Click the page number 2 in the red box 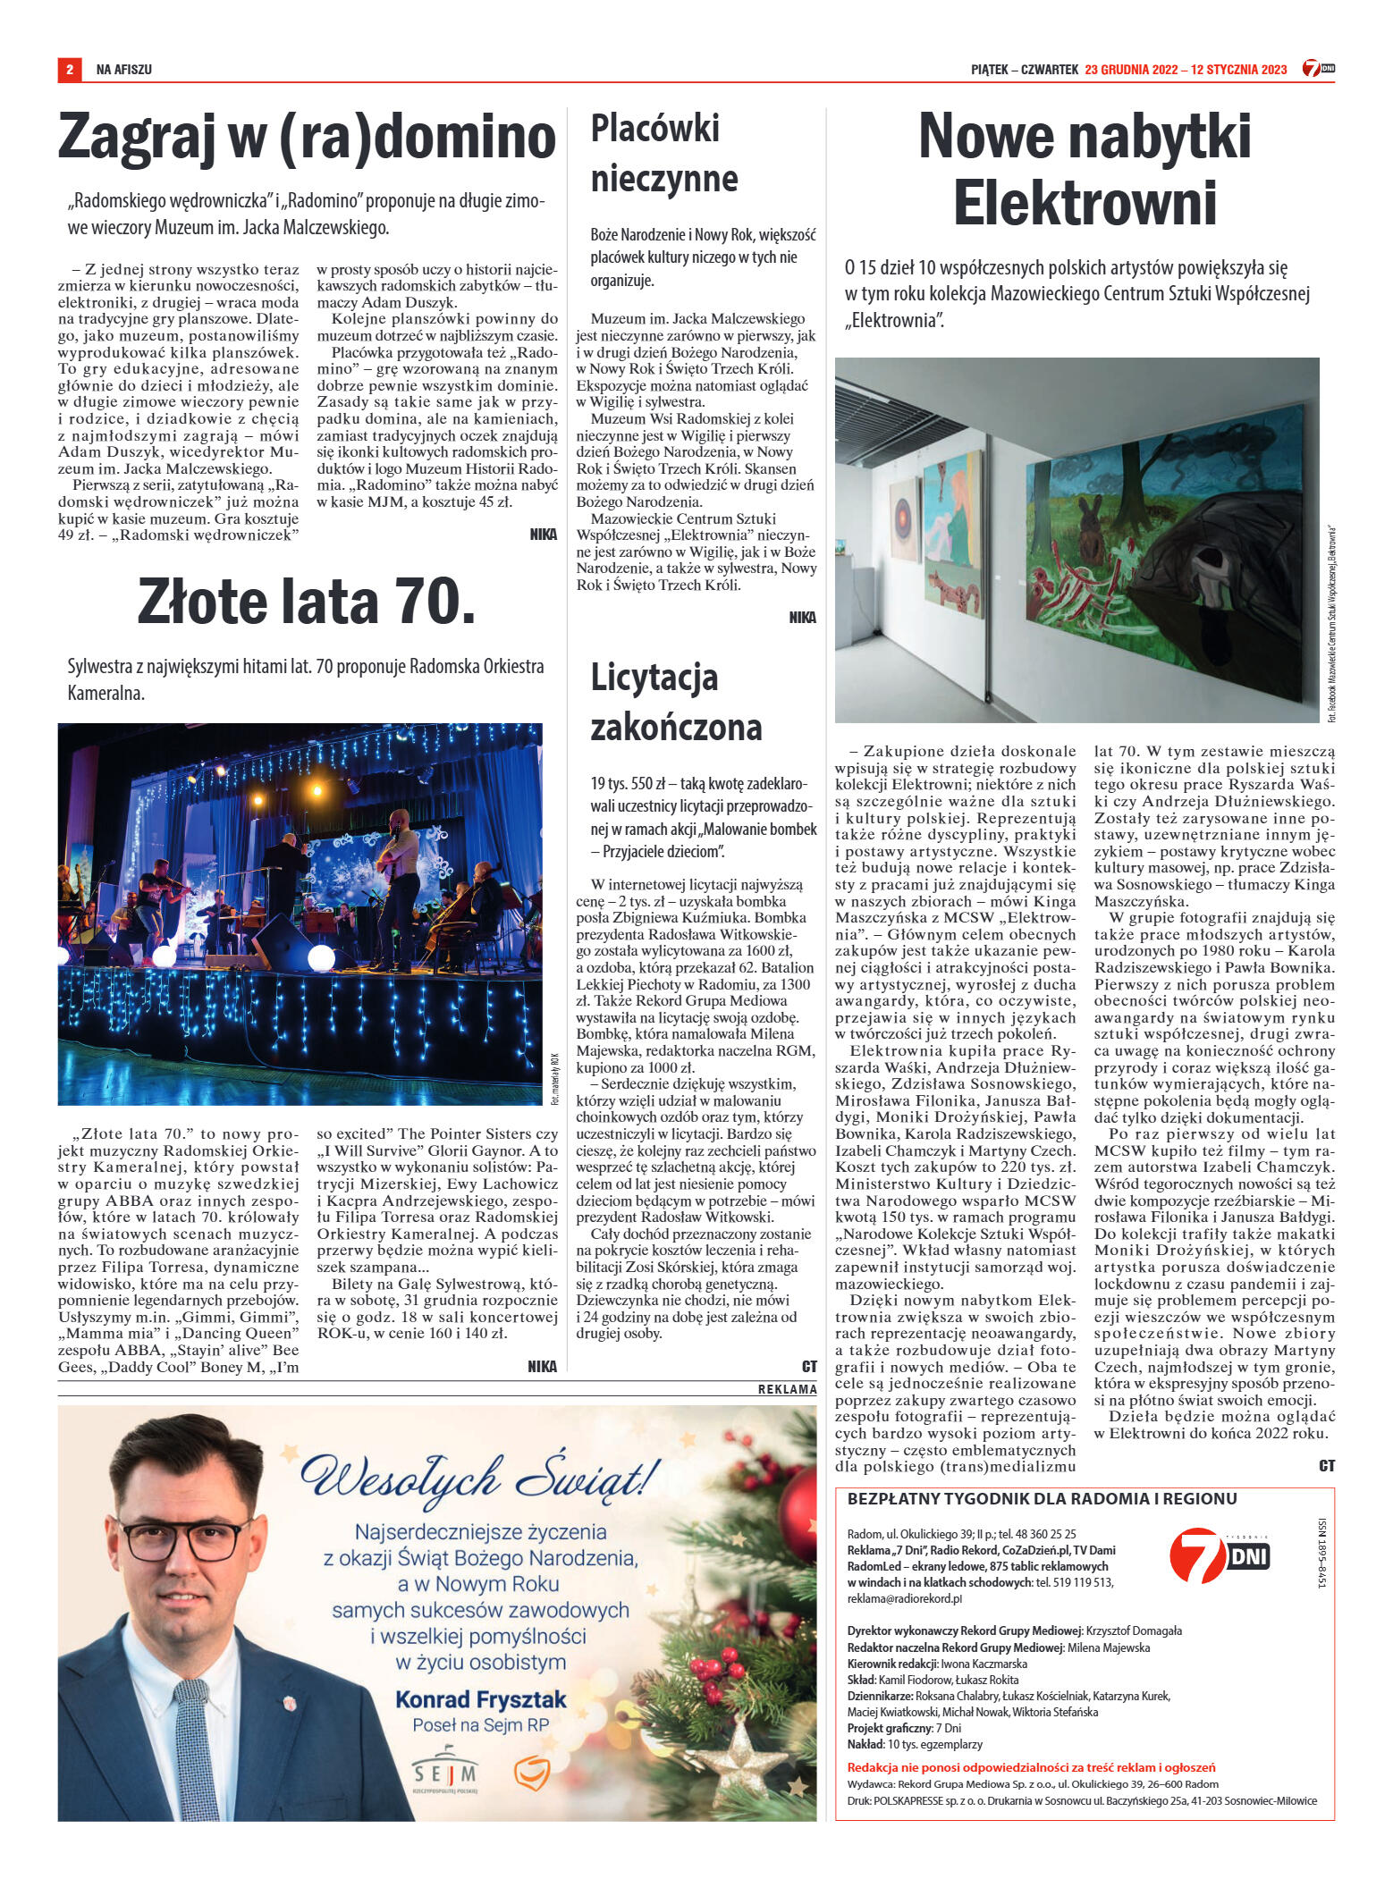click(70, 70)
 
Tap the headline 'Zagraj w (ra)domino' click(307, 138)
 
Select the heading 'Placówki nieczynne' click(664, 154)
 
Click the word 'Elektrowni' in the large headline click(1085, 204)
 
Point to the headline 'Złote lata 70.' click(306, 602)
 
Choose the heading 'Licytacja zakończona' click(676, 703)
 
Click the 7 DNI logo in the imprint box click(1219, 1556)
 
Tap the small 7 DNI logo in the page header click(1318, 69)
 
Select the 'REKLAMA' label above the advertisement click(787, 1389)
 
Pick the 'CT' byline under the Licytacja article click(809, 1366)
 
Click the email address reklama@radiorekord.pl click(905, 1598)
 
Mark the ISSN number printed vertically click(1322, 1554)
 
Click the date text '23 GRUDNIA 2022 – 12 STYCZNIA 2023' click(1186, 70)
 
